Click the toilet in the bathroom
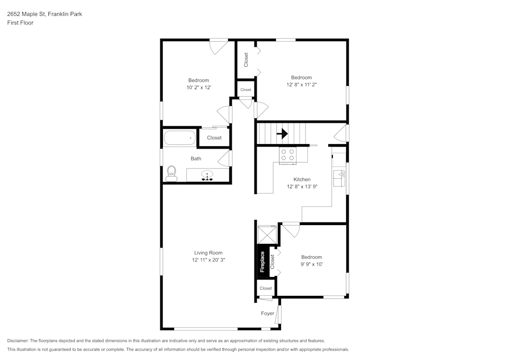(172, 173)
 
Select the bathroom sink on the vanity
(207, 175)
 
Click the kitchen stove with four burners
(288, 154)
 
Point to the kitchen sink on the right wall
(339, 179)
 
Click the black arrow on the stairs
(282, 134)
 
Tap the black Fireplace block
(262, 262)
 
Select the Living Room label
(208, 253)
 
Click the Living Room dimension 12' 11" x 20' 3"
(208, 260)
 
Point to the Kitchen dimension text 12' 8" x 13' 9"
(302, 186)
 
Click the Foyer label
(268, 313)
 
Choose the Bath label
(196, 158)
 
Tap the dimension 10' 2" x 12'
(199, 88)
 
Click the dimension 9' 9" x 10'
(312, 264)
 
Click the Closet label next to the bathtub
(214, 137)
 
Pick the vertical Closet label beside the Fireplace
(273, 262)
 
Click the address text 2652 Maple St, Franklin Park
(44, 14)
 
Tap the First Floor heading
(20, 23)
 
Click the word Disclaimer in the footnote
(18, 341)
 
